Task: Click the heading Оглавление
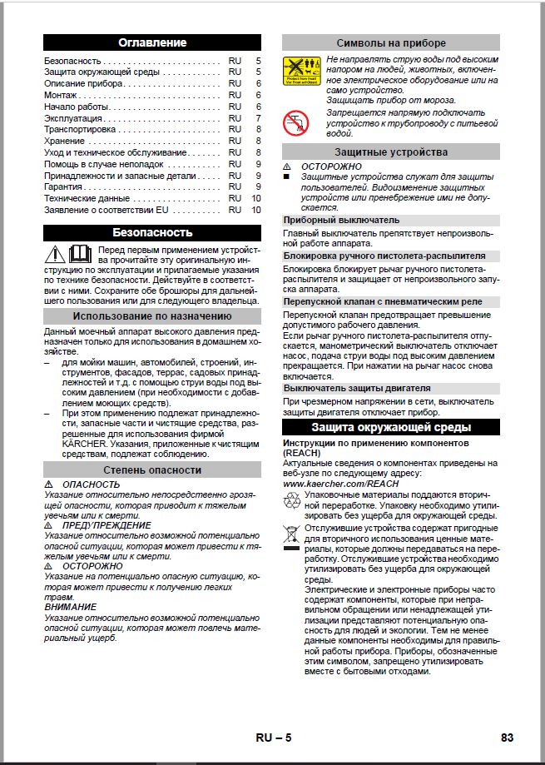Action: (x=152, y=42)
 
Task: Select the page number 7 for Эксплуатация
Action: (x=258, y=119)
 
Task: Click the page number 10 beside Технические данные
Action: (x=256, y=199)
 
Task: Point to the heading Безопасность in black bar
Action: (x=152, y=232)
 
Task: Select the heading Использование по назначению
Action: (x=152, y=316)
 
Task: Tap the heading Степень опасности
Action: (x=152, y=470)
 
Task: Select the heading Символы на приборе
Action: (x=391, y=42)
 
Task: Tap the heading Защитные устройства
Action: (x=391, y=152)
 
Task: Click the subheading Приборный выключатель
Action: (x=341, y=220)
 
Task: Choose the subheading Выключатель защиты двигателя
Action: (x=357, y=388)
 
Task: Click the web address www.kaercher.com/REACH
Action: (x=341, y=483)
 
